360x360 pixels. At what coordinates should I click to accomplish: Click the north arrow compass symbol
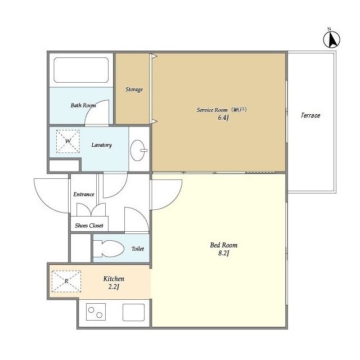click(x=331, y=39)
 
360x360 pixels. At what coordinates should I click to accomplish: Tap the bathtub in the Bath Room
click(x=81, y=70)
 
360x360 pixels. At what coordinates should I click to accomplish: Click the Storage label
click(x=134, y=89)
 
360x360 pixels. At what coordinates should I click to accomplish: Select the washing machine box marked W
click(x=68, y=141)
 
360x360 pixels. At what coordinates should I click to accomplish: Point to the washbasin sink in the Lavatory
click(x=138, y=150)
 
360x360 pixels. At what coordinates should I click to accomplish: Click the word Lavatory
click(x=101, y=145)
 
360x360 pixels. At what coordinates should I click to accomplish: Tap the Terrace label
click(x=310, y=115)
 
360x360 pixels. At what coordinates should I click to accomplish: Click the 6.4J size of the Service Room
click(x=223, y=118)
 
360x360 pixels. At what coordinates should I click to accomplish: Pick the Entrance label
click(x=84, y=195)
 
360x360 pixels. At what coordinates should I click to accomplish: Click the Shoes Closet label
click(x=89, y=226)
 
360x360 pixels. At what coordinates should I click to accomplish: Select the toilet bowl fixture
click(x=109, y=249)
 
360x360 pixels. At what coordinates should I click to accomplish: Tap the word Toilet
click(x=138, y=249)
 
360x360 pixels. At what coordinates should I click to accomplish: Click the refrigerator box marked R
click(x=66, y=281)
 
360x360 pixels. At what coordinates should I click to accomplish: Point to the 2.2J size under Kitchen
click(x=114, y=287)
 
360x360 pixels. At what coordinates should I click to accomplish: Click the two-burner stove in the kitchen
click(x=96, y=312)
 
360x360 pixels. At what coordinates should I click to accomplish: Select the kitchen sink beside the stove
click(x=133, y=312)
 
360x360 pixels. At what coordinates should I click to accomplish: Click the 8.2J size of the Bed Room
click(x=224, y=253)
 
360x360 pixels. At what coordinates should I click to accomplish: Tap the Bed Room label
click(x=224, y=245)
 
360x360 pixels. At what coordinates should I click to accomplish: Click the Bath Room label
click(x=83, y=105)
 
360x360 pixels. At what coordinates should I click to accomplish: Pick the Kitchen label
click(x=114, y=279)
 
